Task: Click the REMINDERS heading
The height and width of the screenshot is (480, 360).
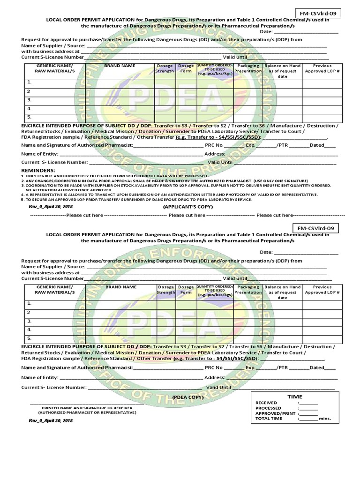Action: pyautogui.click(x=38, y=170)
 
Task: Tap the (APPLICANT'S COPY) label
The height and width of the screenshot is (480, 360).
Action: pyautogui.click(x=187, y=206)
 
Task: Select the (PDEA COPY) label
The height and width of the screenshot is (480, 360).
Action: pyautogui.click(x=187, y=397)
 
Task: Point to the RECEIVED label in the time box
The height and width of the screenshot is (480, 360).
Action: pyautogui.click(x=266, y=403)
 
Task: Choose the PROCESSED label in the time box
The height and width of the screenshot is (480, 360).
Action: pyautogui.click(x=268, y=408)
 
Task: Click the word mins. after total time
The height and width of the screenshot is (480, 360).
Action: pyautogui.click(x=325, y=419)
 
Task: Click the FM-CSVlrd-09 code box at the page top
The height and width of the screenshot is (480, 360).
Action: pyautogui.click(x=316, y=13)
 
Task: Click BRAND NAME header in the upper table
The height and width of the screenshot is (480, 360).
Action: pyautogui.click(x=120, y=66)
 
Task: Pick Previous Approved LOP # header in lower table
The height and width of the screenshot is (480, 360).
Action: pyautogui.click(x=322, y=290)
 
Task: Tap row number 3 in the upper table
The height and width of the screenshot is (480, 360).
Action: pyautogui.click(x=29, y=100)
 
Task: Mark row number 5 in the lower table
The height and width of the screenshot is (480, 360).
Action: pyautogui.click(x=29, y=338)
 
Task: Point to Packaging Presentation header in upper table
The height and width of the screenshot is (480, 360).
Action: pyautogui.click(x=248, y=68)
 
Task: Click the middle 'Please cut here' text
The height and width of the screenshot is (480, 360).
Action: pyautogui.click(x=187, y=215)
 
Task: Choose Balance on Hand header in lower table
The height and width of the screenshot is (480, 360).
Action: pyautogui.click(x=282, y=292)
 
